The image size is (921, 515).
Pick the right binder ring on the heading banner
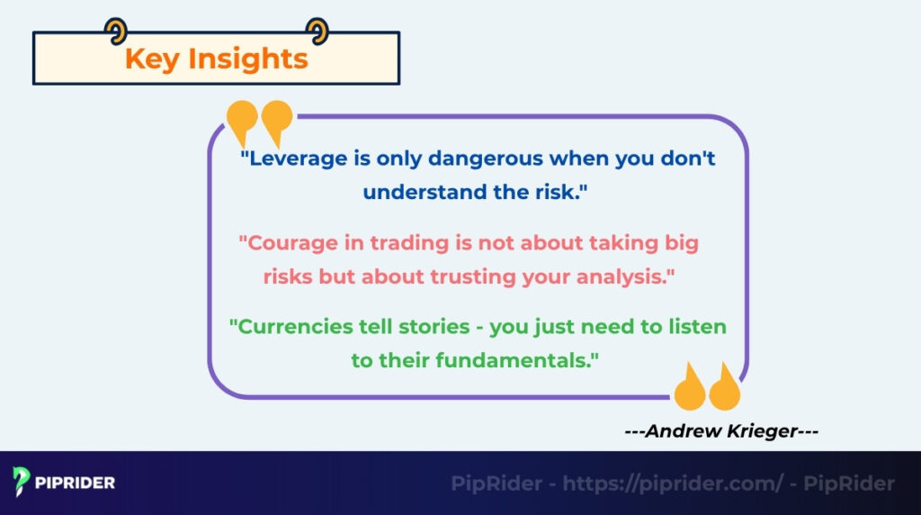[x=317, y=32]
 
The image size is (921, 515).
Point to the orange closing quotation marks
[x=707, y=387]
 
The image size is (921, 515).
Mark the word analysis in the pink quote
[x=621, y=277]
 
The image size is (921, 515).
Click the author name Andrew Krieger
[x=721, y=431]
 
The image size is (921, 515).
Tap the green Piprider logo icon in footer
[x=22, y=483]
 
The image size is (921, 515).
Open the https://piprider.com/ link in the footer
[x=673, y=483]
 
